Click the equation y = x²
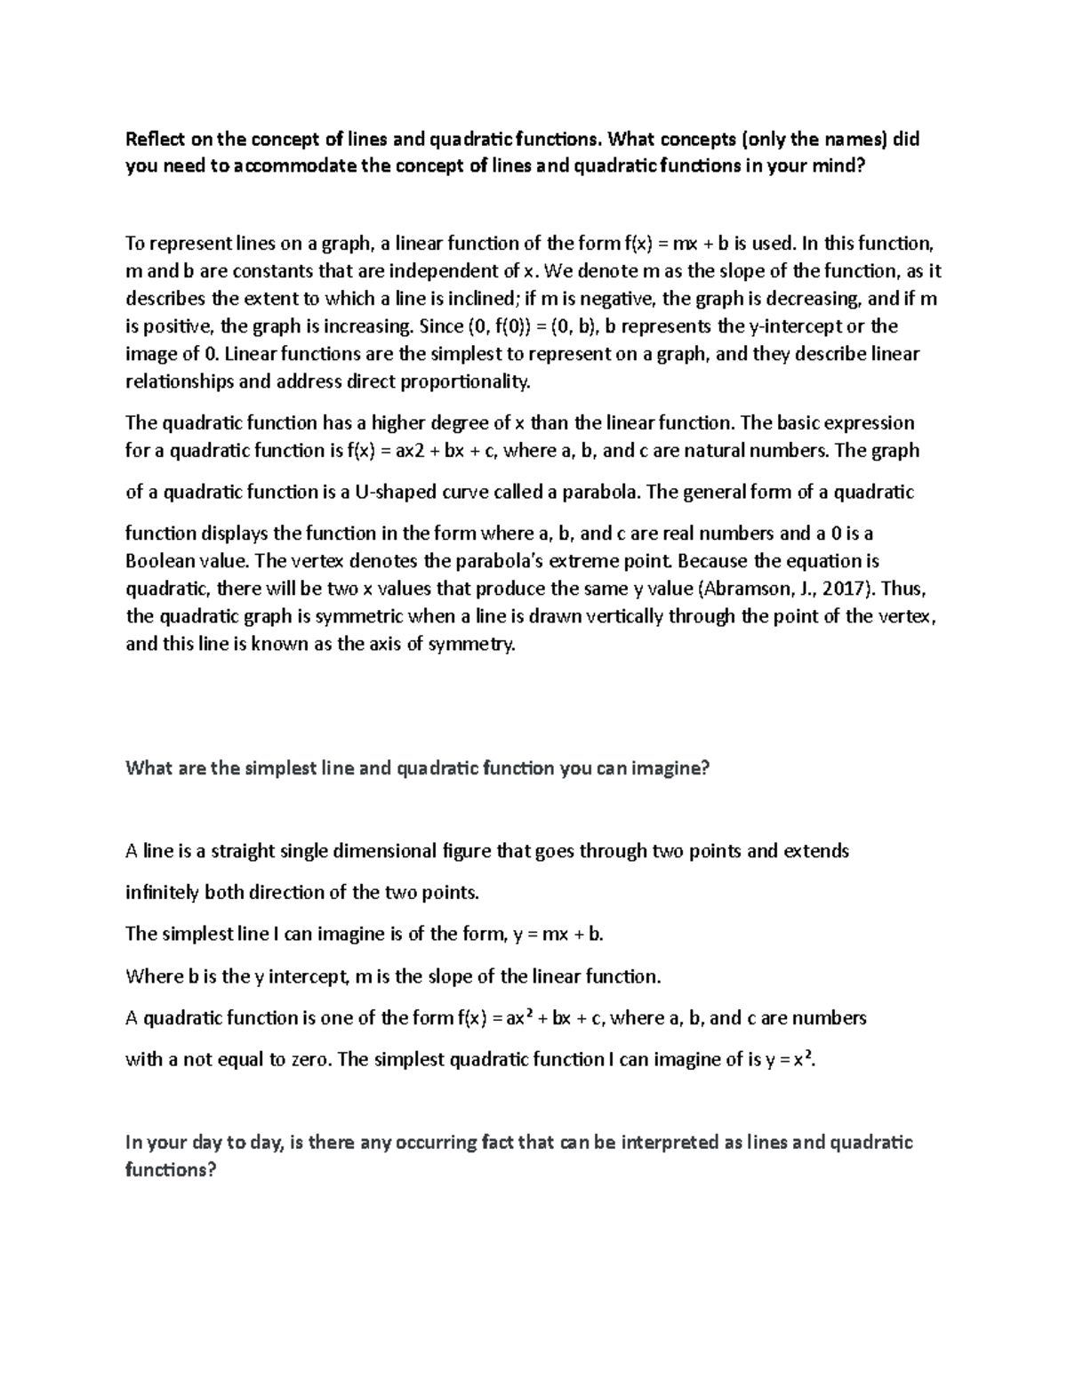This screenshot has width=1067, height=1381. pos(789,1059)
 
